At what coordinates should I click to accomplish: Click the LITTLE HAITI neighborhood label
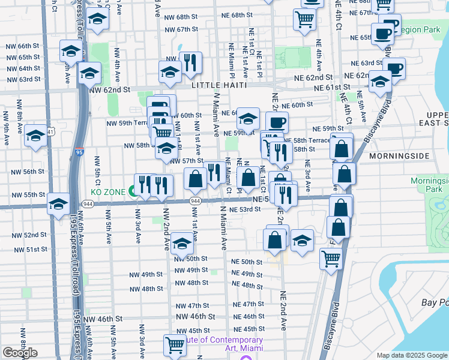click(x=219, y=86)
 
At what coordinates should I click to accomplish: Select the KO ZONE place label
click(x=107, y=192)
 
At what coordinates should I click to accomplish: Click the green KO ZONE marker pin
click(x=132, y=192)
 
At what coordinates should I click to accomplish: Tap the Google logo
click(x=20, y=353)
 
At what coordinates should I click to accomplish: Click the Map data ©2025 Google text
click(x=411, y=355)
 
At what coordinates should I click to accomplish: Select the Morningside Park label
click(x=429, y=185)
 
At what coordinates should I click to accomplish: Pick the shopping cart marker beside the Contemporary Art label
click(x=175, y=345)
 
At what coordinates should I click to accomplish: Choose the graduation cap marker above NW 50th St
click(x=182, y=243)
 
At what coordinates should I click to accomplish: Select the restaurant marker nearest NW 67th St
click(x=190, y=62)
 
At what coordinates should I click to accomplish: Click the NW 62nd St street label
click(x=109, y=89)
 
